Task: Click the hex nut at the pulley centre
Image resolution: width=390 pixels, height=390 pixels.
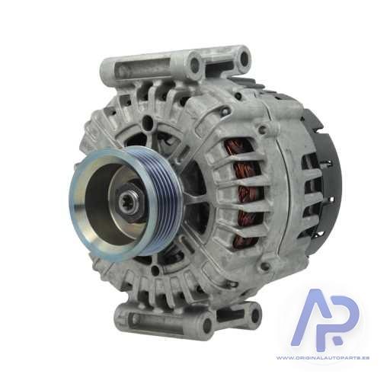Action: pyautogui.click(x=129, y=200)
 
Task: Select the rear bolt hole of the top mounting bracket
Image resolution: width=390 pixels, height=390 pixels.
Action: pyautogui.click(x=245, y=57)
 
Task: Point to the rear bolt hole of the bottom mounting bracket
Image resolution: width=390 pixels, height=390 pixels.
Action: pyautogui.click(x=255, y=315)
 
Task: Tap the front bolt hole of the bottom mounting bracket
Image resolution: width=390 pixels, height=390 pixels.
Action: pyautogui.click(x=208, y=324)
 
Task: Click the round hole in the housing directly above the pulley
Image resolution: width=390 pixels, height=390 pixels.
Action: pyautogui.click(x=147, y=123)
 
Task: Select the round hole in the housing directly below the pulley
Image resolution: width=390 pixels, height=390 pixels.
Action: pyautogui.click(x=155, y=270)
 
